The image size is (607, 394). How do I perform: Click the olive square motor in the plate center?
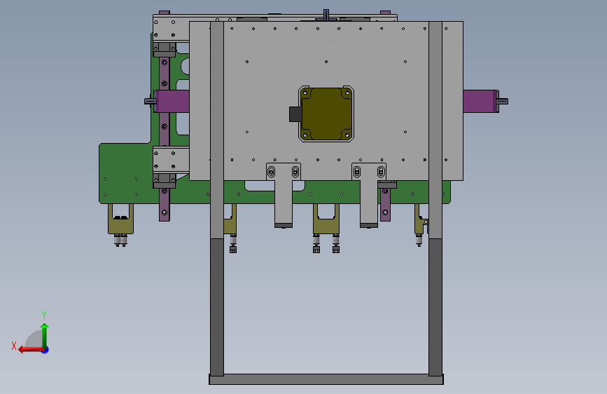[327, 114]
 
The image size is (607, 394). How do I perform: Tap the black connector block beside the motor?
[295, 114]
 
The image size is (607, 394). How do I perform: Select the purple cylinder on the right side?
[479, 101]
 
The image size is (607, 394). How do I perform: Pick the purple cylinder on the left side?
[173, 101]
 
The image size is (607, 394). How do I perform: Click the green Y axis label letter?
[44, 315]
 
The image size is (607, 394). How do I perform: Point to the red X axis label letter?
[14, 346]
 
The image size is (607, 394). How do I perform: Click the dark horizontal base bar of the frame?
[326, 379]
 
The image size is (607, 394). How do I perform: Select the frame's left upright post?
[217, 198]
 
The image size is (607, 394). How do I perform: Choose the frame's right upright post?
[435, 198]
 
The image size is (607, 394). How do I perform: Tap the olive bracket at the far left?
[121, 219]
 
